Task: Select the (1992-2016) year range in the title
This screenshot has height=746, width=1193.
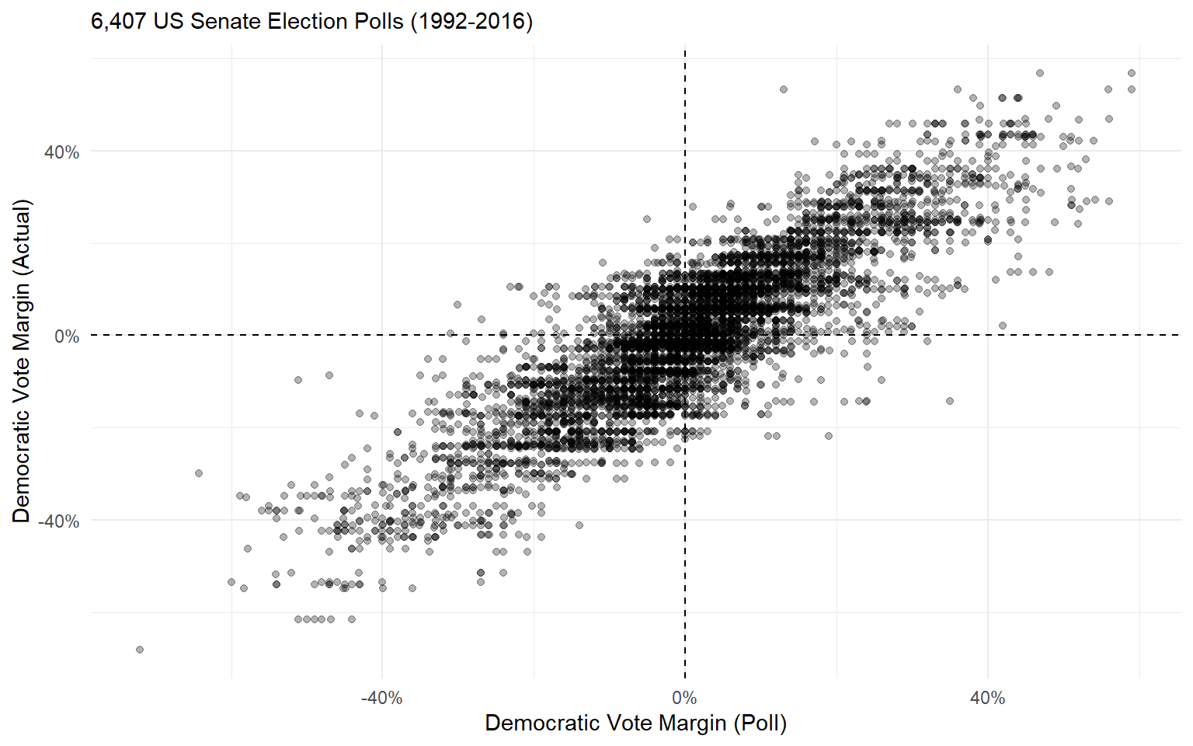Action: point(471,22)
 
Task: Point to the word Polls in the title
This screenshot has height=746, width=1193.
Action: point(380,22)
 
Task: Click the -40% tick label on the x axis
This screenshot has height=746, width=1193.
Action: point(381,698)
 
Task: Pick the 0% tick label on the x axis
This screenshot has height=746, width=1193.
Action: point(684,698)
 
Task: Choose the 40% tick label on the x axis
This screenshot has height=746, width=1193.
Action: point(987,698)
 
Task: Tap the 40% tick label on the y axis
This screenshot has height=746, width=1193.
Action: point(61,152)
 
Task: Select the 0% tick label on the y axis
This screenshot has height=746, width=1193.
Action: point(66,336)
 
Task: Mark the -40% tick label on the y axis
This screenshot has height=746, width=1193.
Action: point(59,521)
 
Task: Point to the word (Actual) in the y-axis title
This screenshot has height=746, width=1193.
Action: point(21,237)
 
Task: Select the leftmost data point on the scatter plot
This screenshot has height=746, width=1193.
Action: point(140,650)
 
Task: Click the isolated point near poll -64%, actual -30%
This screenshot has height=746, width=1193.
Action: point(199,472)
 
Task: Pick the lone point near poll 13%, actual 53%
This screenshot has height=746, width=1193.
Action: point(784,89)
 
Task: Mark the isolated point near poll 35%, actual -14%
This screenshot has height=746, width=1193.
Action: point(950,401)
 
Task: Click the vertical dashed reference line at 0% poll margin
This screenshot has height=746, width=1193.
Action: point(684,544)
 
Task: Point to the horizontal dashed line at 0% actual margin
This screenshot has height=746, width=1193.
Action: point(233,335)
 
